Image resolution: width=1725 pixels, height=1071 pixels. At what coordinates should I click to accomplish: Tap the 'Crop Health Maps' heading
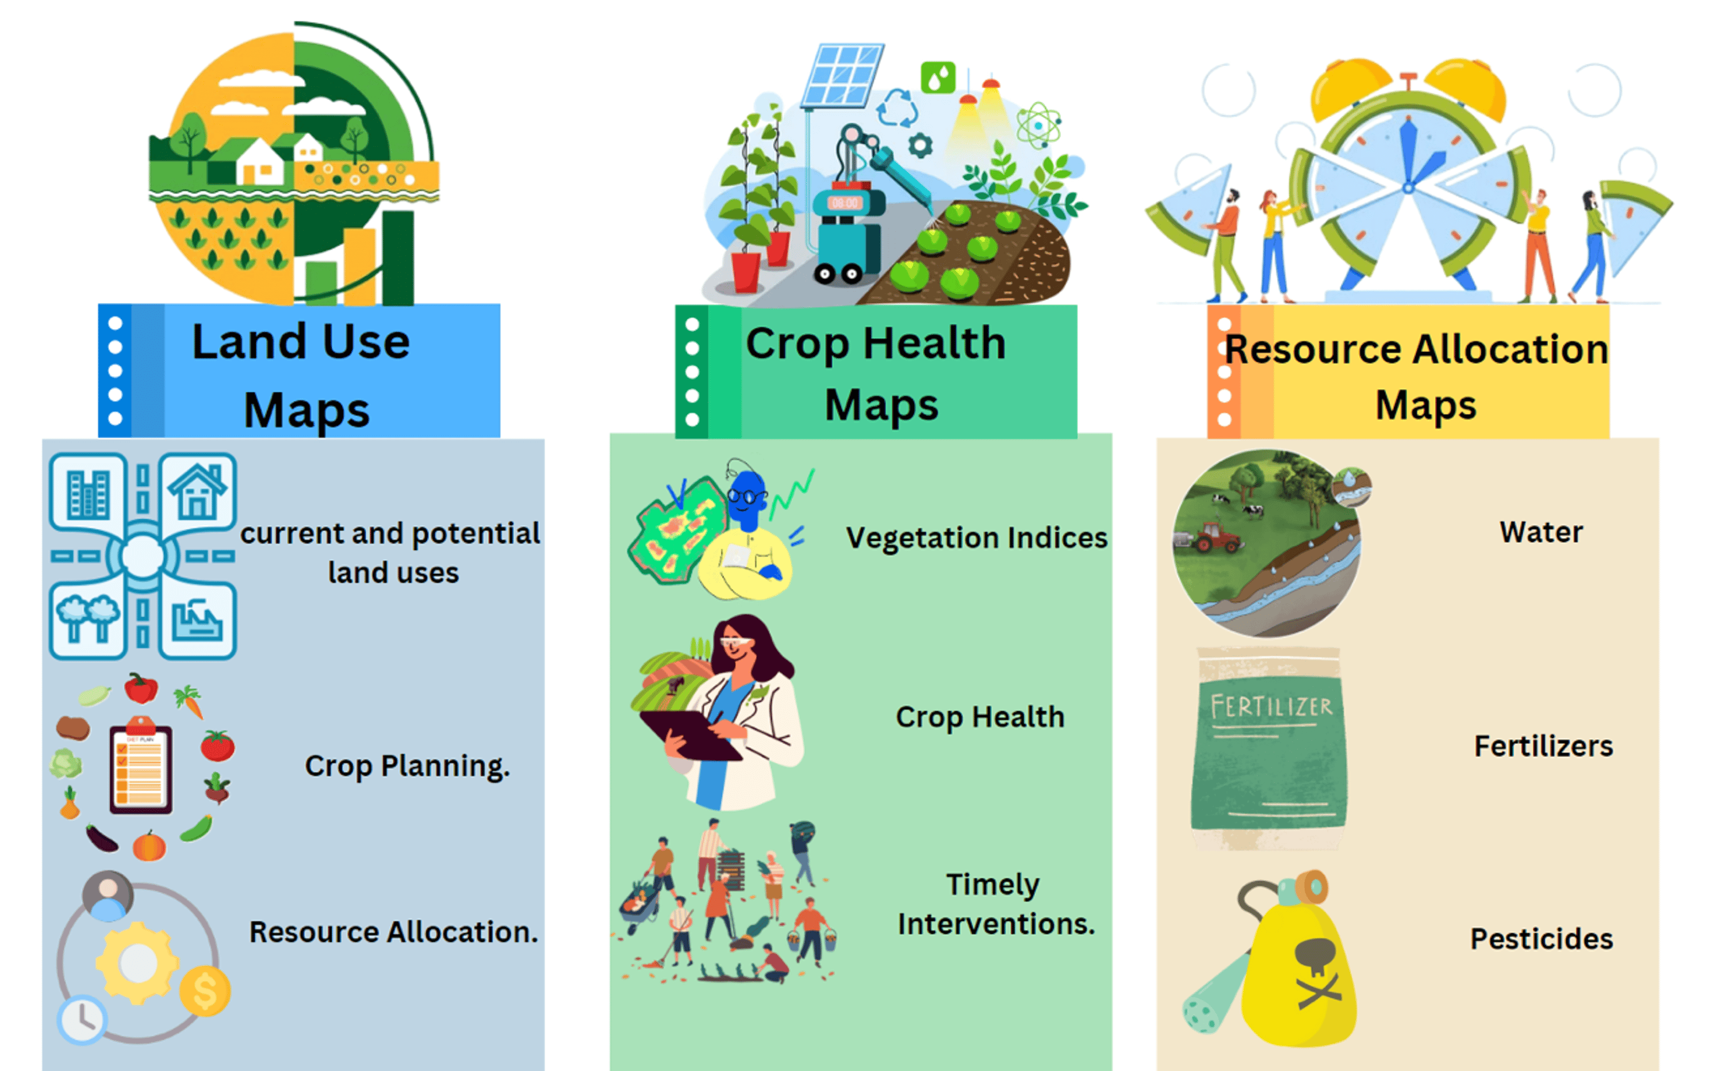click(x=877, y=373)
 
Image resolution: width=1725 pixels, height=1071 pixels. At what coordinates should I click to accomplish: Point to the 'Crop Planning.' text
click(x=407, y=766)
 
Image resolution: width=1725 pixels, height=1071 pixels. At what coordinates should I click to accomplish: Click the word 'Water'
click(x=1542, y=532)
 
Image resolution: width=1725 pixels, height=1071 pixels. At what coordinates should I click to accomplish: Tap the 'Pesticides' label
click(x=1542, y=939)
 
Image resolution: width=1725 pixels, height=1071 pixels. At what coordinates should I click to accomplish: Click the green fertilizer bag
click(x=1269, y=749)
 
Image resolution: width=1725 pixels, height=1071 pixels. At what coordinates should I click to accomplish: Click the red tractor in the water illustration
click(x=1218, y=537)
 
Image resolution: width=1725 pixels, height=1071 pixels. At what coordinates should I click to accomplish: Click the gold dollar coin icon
click(x=205, y=991)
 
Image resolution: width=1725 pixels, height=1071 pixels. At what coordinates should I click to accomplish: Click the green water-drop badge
click(x=938, y=77)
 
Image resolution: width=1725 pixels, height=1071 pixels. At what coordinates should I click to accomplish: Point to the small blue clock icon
click(x=82, y=1020)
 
